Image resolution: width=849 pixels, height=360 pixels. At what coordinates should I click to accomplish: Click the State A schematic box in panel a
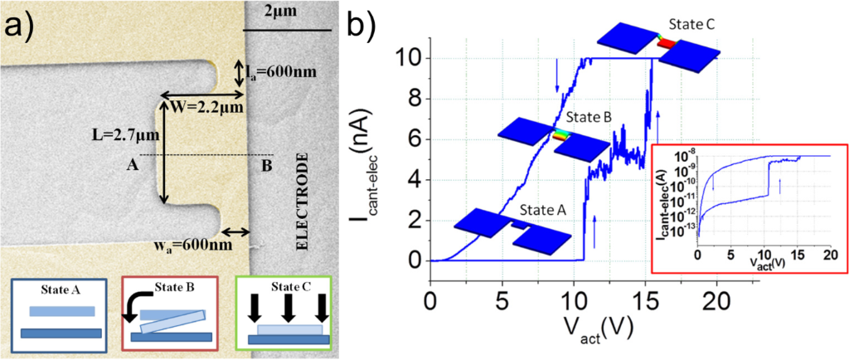pos(58,314)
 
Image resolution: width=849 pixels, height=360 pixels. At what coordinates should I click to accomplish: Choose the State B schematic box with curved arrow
pos(170,314)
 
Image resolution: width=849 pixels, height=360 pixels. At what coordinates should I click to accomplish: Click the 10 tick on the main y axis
pos(410,58)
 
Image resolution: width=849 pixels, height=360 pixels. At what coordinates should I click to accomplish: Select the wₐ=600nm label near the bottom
pos(196,245)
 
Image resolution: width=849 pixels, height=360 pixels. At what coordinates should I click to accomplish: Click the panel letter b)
pos(366,27)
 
